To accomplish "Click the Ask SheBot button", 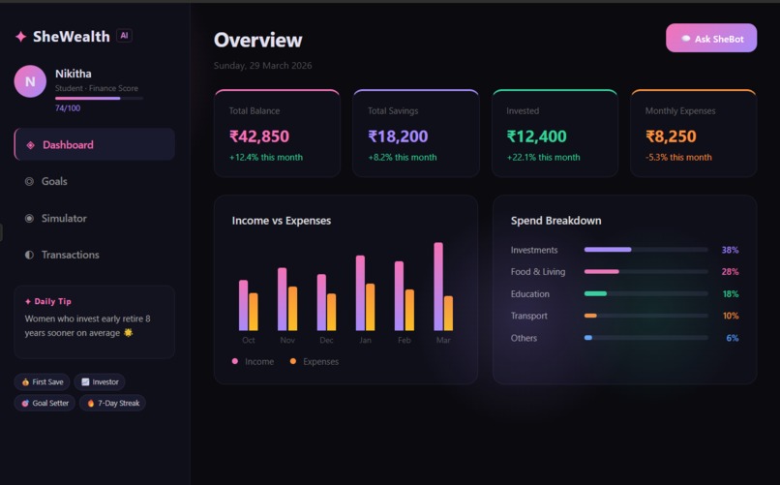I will pos(710,39).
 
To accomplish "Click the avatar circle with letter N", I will pos(30,81).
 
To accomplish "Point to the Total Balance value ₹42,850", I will pos(258,136).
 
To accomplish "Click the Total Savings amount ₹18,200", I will pos(398,136).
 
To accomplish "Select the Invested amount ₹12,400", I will pos(536,136).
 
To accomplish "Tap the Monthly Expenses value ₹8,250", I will pos(671,136).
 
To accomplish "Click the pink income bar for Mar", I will pos(438,287).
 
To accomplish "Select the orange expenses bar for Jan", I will pos(370,307).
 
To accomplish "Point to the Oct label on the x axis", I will pos(249,340).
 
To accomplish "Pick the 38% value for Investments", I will pos(729,250).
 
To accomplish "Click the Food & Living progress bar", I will pos(645,272).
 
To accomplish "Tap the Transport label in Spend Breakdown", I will pos(528,316).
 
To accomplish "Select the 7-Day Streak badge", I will pos(112,403).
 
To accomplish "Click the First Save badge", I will pos(42,382).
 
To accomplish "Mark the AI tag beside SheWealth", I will pos(124,36).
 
